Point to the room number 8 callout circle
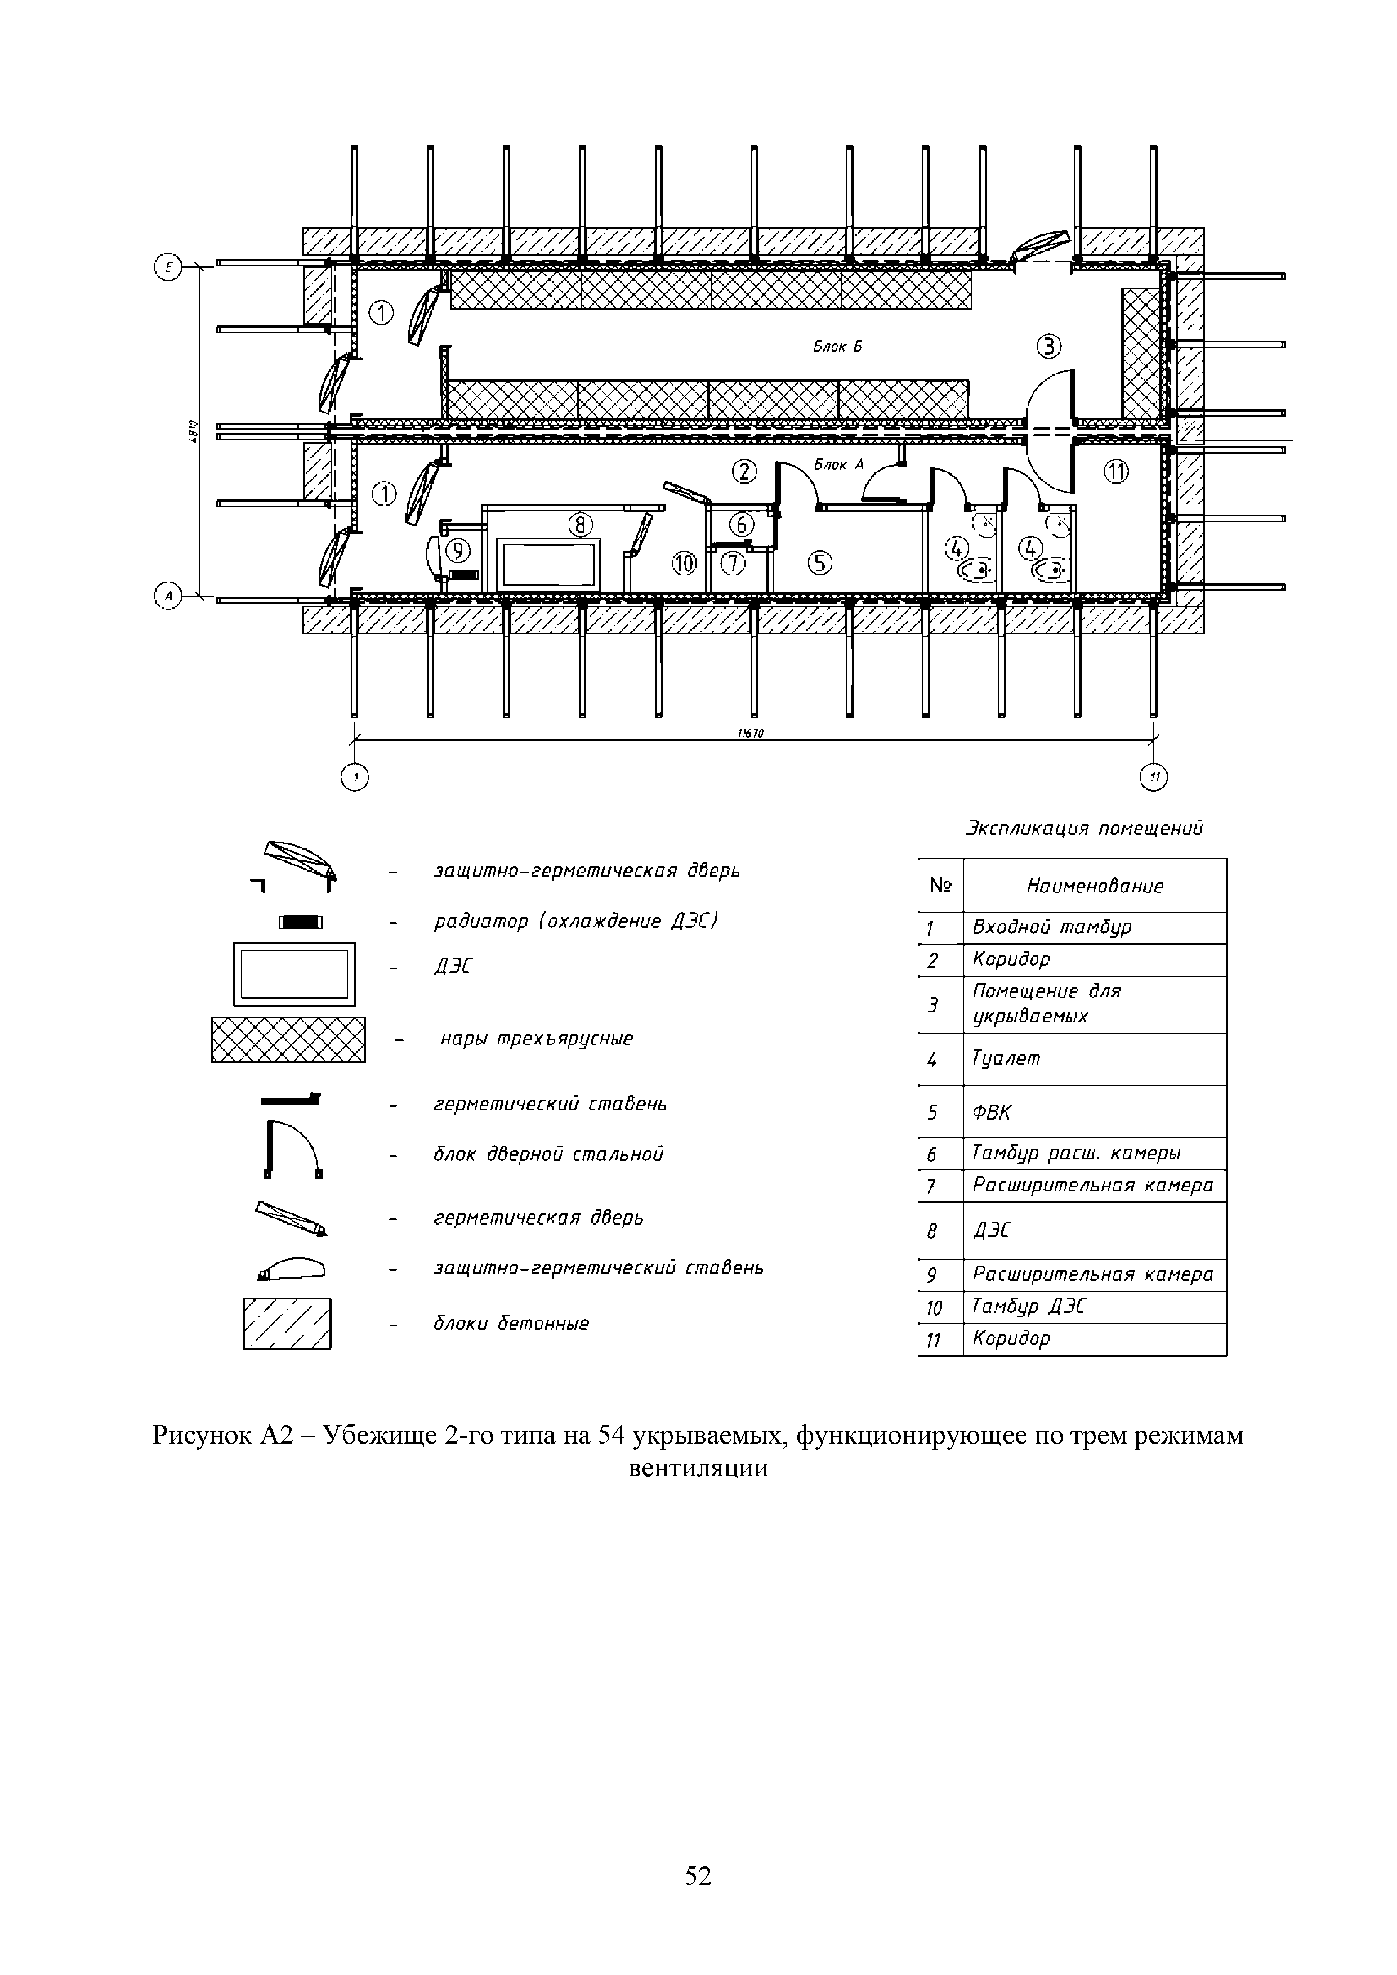582,524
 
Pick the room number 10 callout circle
684,564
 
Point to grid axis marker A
167,595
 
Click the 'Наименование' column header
1094,886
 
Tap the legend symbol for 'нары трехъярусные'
288,1039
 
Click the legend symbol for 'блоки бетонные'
287,1323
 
